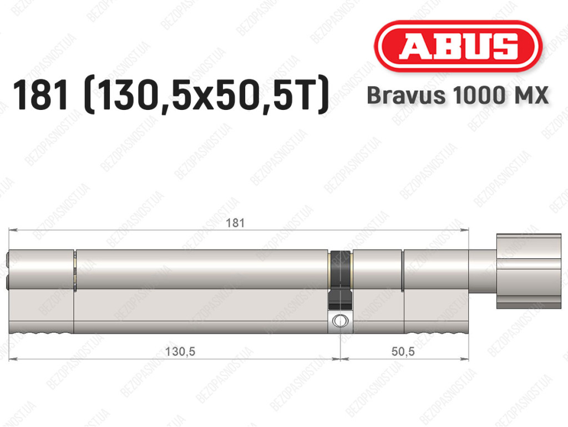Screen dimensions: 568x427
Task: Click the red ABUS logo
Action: click(458, 46)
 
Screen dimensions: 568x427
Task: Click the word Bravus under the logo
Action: click(406, 96)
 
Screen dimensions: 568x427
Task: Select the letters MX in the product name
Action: click(531, 96)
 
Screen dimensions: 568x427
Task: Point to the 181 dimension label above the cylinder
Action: click(235, 223)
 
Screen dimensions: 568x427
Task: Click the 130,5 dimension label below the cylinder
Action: click(180, 351)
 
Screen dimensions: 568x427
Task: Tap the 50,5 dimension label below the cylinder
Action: click(403, 351)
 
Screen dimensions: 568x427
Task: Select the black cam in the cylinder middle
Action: click(340, 280)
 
